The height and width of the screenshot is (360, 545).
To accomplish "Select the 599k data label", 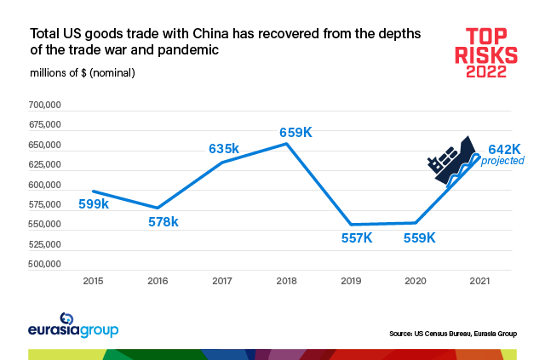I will (94, 204).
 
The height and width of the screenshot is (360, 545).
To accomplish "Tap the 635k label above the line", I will (224, 149).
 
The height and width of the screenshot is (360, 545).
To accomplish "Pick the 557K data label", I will (356, 237).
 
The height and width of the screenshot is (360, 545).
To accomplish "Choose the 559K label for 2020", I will (419, 237).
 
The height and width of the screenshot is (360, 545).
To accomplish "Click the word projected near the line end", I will (502, 161).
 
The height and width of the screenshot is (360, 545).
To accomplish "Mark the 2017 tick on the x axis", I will (222, 280).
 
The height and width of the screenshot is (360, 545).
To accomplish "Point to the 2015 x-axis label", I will (95, 280).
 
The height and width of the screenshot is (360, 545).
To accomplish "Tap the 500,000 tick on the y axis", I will (44, 266).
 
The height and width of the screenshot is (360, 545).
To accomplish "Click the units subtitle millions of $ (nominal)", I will (83, 72).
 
